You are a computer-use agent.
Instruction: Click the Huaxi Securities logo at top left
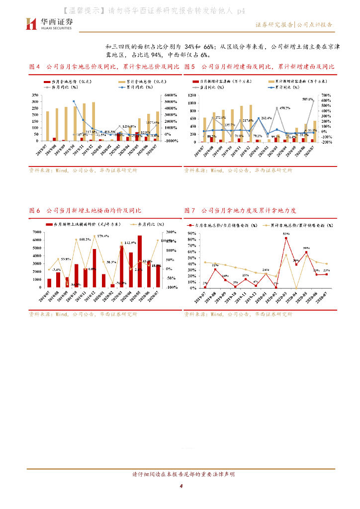coord(49,23)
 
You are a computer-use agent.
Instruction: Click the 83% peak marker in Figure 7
coord(286,238)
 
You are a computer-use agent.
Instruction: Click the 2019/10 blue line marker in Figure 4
coord(74,101)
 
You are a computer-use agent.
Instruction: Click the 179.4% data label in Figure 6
coord(103,236)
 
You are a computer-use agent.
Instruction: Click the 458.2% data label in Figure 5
coord(285,108)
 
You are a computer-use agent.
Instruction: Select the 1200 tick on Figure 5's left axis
coord(191,95)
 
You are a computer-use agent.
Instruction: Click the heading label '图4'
coord(34,67)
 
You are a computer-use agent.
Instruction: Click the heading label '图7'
coord(188,211)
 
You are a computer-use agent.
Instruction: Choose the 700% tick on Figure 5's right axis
coord(326,95)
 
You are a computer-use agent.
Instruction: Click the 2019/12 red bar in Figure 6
coord(94,268)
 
